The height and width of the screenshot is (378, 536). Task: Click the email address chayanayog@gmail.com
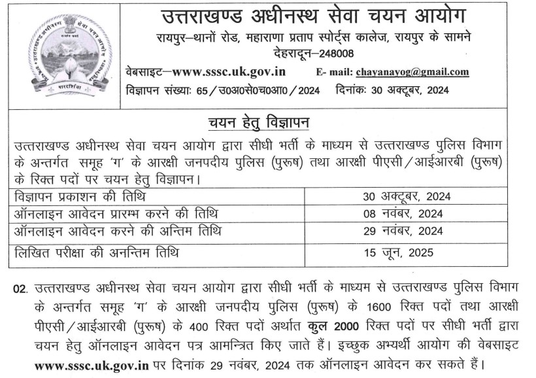click(412, 72)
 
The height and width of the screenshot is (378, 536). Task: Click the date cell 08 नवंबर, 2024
click(403, 213)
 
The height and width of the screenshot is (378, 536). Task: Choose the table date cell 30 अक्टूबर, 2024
click(407, 196)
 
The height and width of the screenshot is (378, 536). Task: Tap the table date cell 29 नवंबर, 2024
click(403, 231)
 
